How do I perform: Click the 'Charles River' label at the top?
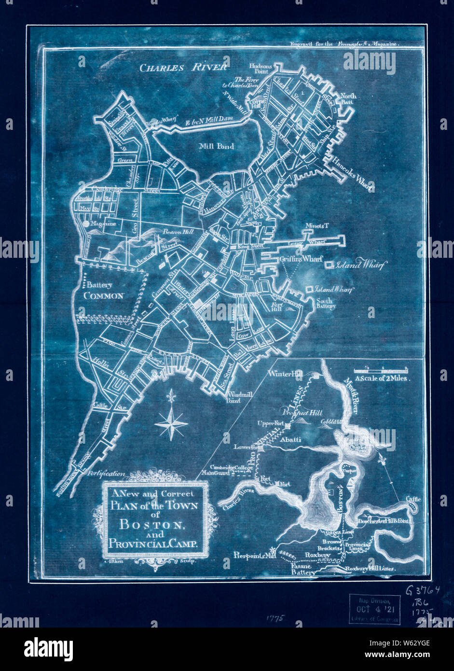(x=183, y=68)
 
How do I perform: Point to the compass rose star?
(x=171, y=423)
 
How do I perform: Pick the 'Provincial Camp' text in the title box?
(x=153, y=544)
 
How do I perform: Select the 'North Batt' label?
(x=348, y=99)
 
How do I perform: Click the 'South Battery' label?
(x=326, y=303)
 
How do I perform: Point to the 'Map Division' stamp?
(x=375, y=610)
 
